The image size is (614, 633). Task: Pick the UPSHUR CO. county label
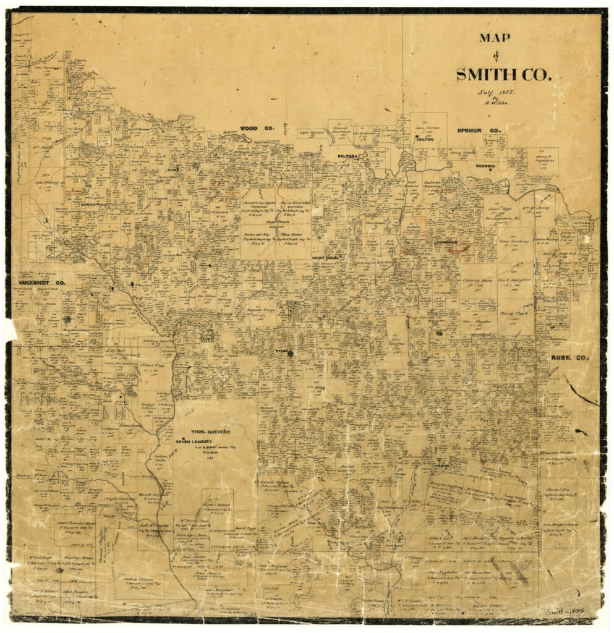(478, 130)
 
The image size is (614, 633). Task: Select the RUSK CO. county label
(570, 358)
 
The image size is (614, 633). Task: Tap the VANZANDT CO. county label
(38, 282)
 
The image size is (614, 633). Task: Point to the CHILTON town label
(425, 140)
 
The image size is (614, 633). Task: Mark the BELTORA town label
(348, 156)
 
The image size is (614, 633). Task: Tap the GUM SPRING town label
(445, 242)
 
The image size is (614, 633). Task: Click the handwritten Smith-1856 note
(565, 611)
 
